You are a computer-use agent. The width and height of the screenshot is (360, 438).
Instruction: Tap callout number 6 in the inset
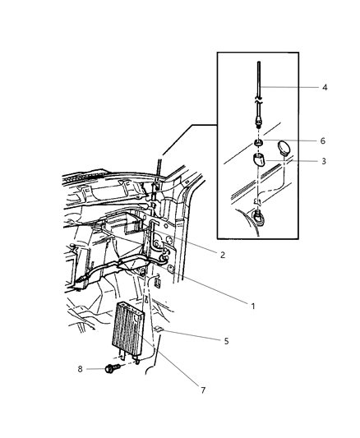point(323,142)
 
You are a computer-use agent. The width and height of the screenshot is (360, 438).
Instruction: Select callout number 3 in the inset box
point(323,162)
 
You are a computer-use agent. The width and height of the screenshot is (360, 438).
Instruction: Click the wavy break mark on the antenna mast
point(258,98)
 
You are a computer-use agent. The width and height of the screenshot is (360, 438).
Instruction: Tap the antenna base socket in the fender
point(258,216)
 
